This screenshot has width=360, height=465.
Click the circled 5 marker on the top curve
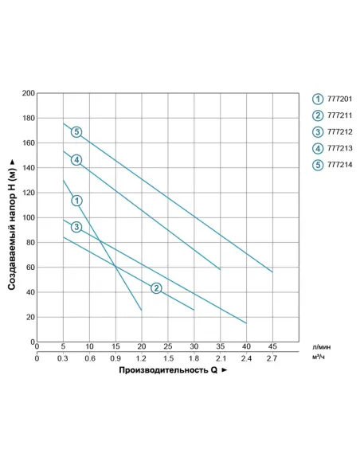[76, 131]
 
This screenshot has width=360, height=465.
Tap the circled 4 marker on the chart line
[76, 160]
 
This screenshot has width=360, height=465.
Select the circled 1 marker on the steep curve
[76, 201]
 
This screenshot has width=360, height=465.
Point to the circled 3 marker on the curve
[76, 228]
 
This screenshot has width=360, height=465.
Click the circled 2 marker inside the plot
[156, 287]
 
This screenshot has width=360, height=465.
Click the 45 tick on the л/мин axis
[272, 346]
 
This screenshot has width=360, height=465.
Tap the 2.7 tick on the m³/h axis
[272, 358]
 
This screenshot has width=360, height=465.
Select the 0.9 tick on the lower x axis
[115, 358]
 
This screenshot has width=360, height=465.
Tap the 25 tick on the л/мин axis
[168, 346]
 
